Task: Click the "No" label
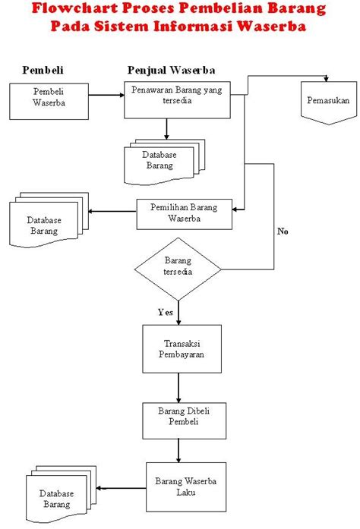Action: pyautogui.click(x=283, y=231)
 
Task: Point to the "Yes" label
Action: pyautogui.click(x=165, y=312)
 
